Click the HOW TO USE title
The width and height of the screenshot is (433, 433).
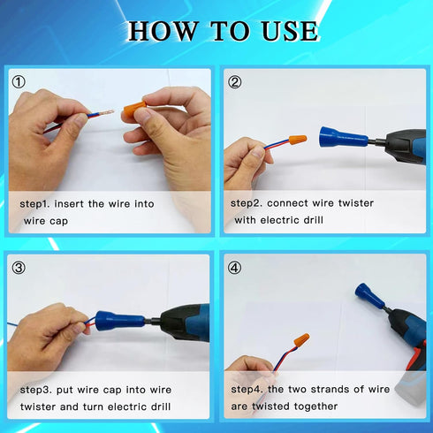coord(223,31)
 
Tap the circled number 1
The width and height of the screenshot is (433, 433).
coord(19,82)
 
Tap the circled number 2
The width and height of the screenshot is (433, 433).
coord(235,82)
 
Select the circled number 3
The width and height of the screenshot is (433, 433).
coord(19,267)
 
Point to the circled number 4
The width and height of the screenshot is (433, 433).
coord(235,267)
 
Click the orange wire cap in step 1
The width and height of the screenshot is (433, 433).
coord(134,111)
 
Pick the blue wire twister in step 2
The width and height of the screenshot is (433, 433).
coord(341,138)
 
